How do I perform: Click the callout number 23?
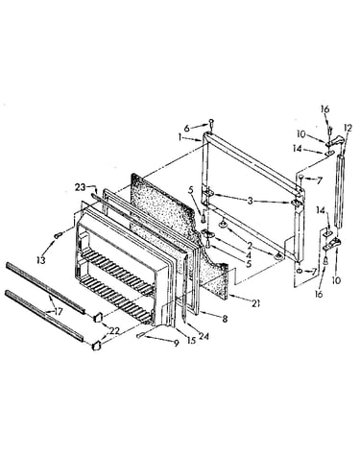pyautogui.click(x=81, y=187)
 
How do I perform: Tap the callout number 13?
pyautogui.click(x=41, y=260)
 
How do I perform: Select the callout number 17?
pyautogui.click(x=58, y=311)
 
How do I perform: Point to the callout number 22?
pyautogui.click(x=114, y=331)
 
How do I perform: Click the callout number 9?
pyautogui.click(x=176, y=344)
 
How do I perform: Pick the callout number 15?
pyautogui.click(x=191, y=341)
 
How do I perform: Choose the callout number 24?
pyautogui.click(x=204, y=336)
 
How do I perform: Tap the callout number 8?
pyautogui.click(x=225, y=319)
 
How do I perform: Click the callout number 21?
pyautogui.click(x=255, y=303)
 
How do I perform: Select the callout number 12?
pyautogui.click(x=348, y=129)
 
